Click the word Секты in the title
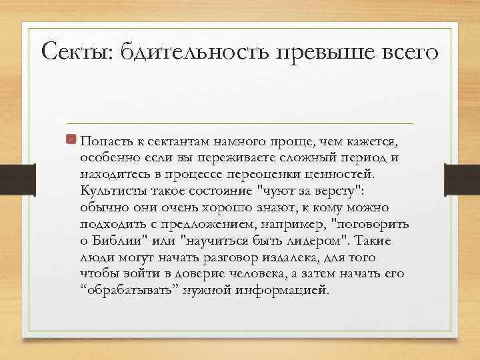[x=75, y=51]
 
